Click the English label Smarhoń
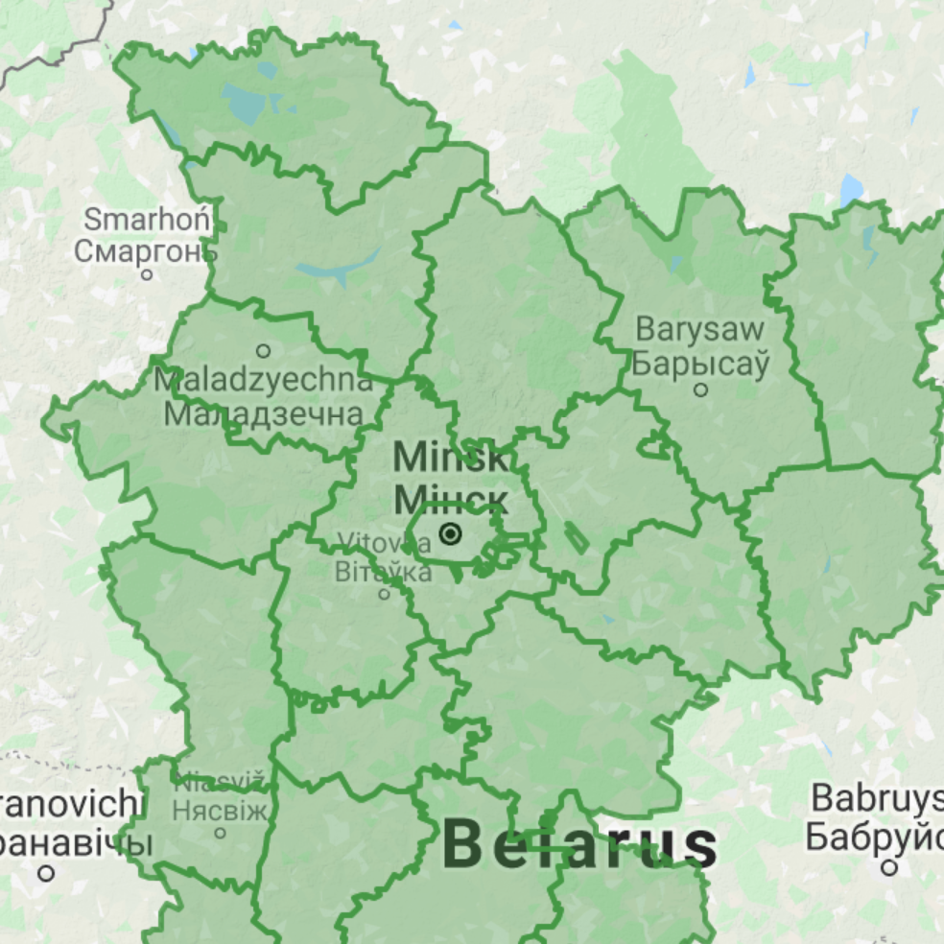click(147, 219)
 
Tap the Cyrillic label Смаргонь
click(146, 251)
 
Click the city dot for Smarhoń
click(147, 274)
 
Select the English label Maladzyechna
click(264, 380)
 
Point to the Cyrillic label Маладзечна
click(264, 413)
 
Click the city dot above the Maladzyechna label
click(263, 351)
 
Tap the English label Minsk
click(451, 457)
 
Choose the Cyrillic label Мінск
click(451, 499)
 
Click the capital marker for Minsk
click(451, 533)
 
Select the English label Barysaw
click(700, 330)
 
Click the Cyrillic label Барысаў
click(700, 364)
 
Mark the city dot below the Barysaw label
click(701, 389)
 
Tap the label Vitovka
click(384, 543)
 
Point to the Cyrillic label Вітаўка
click(384, 572)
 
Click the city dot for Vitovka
click(385, 594)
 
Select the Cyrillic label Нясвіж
click(221, 811)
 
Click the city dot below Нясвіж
click(220, 833)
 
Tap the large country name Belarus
click(579, 845)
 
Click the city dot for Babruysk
click(889, 867)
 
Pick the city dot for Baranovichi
click(46, 873)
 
